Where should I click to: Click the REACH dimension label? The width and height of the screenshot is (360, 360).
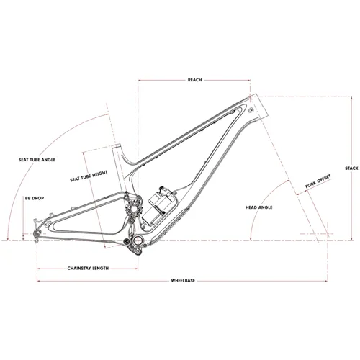pos(194,80)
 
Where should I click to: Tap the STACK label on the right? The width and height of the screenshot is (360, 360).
pos(351,168)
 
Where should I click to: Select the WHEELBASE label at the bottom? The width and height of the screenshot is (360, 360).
pos(183,280)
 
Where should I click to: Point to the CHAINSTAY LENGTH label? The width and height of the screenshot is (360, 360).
pos(88,269)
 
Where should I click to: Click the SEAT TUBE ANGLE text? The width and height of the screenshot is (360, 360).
pos(37,160)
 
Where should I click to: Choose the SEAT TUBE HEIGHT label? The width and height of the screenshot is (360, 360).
pos(89,176)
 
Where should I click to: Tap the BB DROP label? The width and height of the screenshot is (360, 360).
pos(35,199)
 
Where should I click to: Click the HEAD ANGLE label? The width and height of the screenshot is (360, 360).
pos(258,207)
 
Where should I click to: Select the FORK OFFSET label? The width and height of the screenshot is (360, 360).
pos(318,181)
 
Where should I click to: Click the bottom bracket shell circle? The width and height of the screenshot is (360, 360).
pos(138,240)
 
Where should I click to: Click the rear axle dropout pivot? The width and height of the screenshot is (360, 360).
pos(37,233)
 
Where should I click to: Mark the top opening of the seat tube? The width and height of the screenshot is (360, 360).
pos(117,145)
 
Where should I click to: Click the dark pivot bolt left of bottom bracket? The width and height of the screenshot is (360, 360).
pos(126,241)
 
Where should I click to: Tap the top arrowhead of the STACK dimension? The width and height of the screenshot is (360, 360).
pos(351,97)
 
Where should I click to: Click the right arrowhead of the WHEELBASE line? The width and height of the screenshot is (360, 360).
pos(326,281)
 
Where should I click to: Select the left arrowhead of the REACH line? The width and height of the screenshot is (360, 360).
pos(140,80)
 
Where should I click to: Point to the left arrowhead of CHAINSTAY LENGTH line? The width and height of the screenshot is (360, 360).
pos(39,269)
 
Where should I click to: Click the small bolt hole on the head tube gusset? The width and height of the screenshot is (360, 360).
pos(251,111)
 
